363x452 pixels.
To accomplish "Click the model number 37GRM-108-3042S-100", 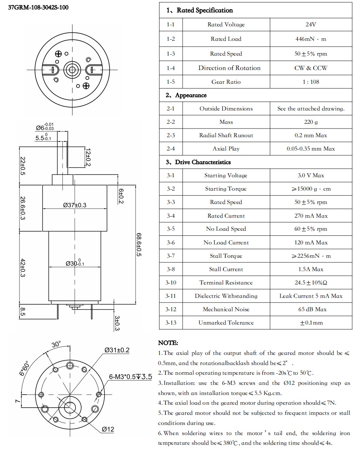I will coord(38,7).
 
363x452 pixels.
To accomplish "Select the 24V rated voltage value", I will coord(310,25).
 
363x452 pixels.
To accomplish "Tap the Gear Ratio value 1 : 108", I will coord(310,82).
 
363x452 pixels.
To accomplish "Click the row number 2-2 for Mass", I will coord(171,122).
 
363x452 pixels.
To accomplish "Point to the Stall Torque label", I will coord(226,256).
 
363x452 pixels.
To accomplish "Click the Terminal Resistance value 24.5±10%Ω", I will coord(311,283).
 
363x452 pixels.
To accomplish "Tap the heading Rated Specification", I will coord(204,10).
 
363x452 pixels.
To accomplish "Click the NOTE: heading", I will coord(168,343).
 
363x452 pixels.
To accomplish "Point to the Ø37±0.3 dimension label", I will coord(75,205).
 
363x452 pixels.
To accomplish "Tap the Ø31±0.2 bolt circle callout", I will coord(117,350).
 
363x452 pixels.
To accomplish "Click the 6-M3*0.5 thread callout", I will coord(130,377).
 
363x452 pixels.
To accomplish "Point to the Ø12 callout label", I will coord(108,429).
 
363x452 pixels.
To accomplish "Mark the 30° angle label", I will coord(56,344).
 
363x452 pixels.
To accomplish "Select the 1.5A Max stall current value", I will coord(311,269).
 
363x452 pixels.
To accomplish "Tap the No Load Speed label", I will coord(226,229).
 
